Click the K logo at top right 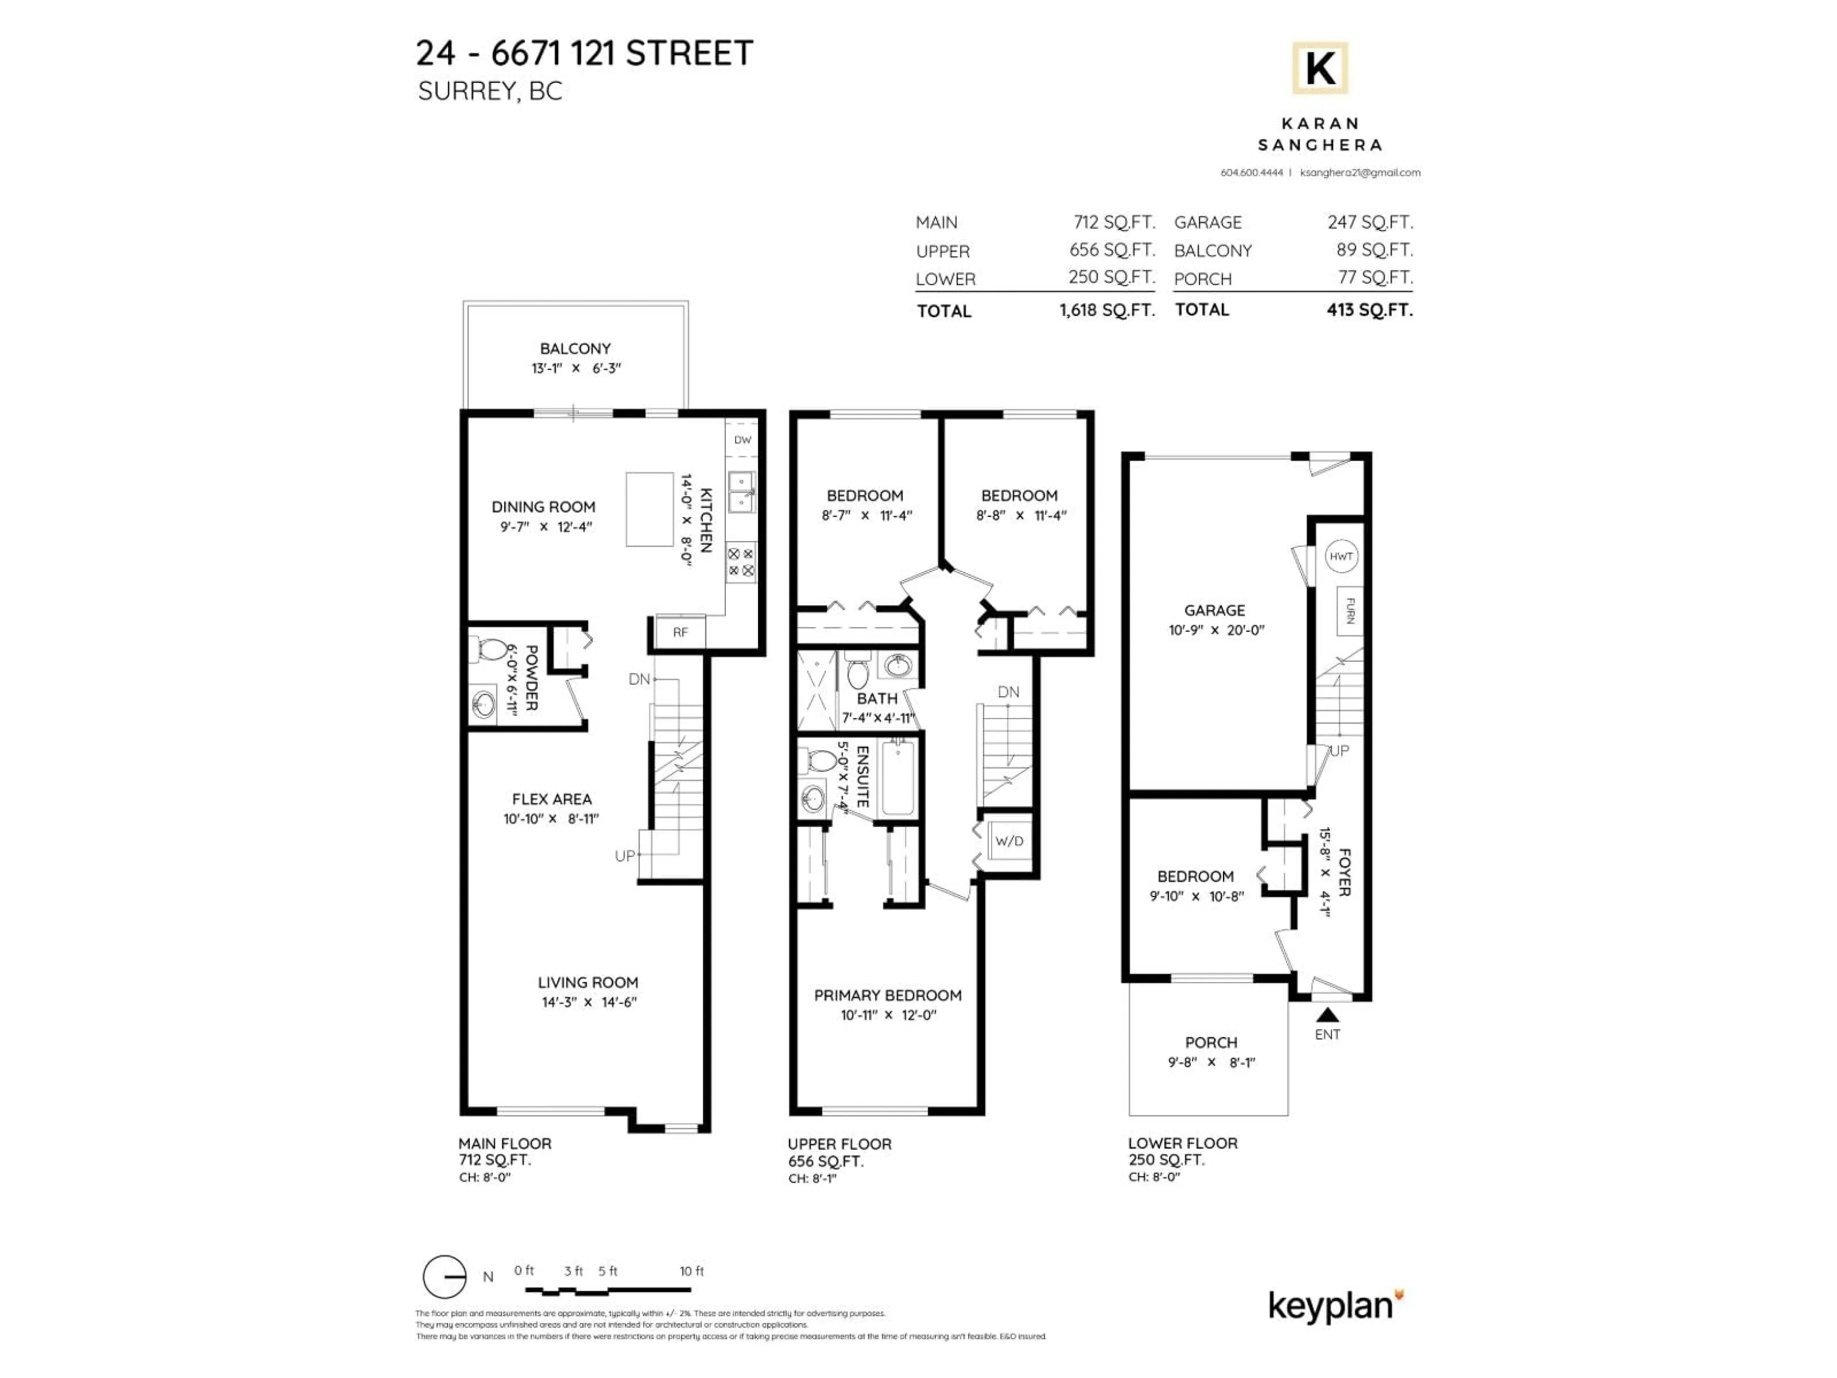(x=1319, y=68)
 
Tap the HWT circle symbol (x=1341, y=556)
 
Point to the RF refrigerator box (x=680, y=632)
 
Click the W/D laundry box (x=1009, y=841)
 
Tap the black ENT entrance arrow (x=1327, y=1014)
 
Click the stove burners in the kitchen (x=741, y=562)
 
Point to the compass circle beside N (x=444, y=1277)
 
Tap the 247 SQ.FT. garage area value (x=1370, y=222)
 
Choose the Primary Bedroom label (x=887, y=995)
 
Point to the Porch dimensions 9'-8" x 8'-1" (x=1211, y=1062)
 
